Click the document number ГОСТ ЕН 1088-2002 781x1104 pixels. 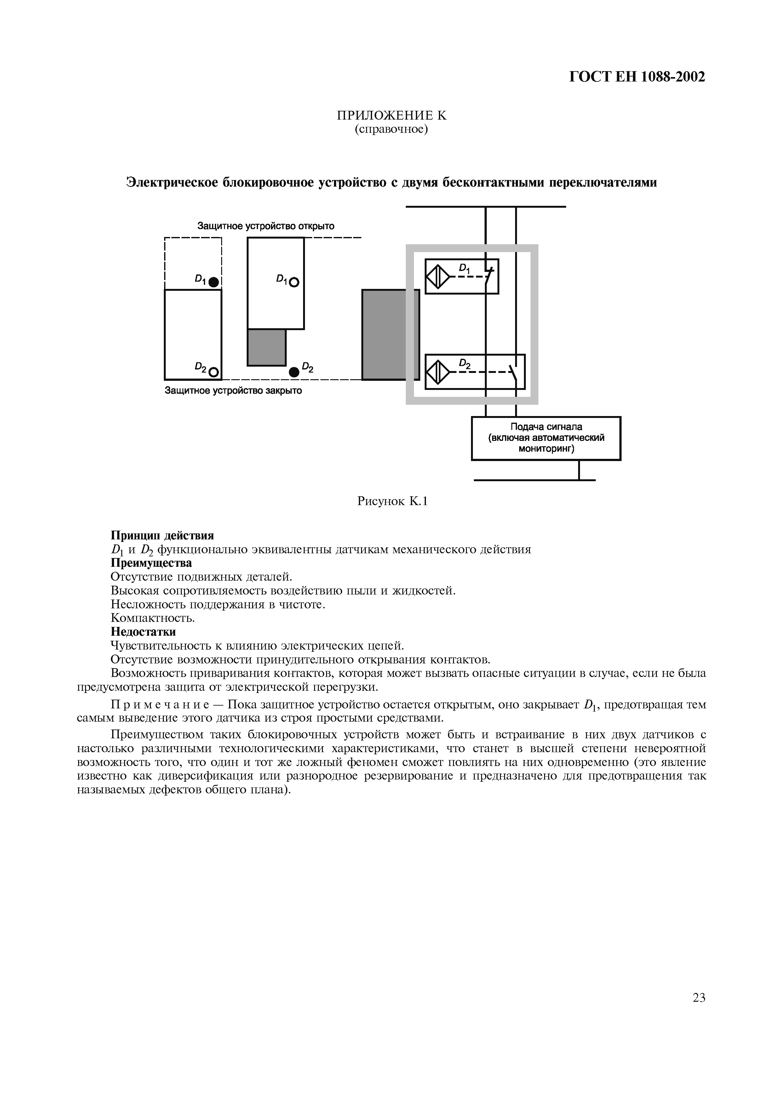[x=637, y=77]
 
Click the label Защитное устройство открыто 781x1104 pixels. [x=266, y=226]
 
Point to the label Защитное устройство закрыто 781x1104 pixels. [x=233, y=391]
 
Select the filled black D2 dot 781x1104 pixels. [x=294, y=372]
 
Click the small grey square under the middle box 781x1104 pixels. [x=267, y=348]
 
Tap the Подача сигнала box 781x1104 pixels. [x=546, y=438]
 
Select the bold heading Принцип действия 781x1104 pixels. [x=162, y=535]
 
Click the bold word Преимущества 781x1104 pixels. [x=151, y=563]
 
